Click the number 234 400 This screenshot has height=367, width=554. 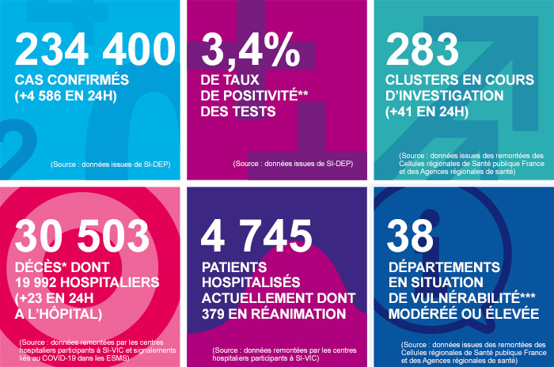tap(94, 51)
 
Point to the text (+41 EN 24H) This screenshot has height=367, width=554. tap(427, 112)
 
